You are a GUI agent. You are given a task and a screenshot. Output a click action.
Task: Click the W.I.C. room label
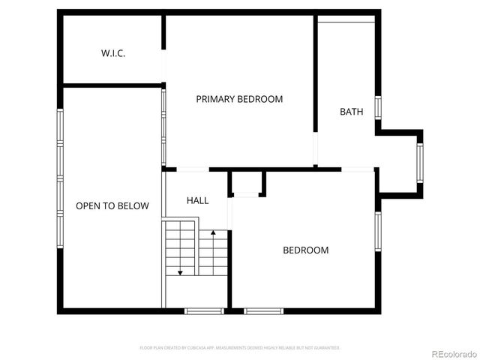pyautogui.click(x=113, y=53)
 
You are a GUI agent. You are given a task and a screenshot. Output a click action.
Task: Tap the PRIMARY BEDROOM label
pyautogui.click(x=239, y=99)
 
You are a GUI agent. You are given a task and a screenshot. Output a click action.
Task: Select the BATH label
pyautogui.click(x=351, y=112)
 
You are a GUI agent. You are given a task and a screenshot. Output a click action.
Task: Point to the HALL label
pyautogui.click(x=197, y=200)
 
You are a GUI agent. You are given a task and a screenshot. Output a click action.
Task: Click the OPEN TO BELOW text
pyautogui.click(x=112, y=205)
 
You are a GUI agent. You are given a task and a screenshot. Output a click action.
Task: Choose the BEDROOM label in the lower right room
pyautogui.click(x=305, y=250)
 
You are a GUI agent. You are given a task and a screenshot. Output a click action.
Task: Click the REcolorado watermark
pyautogui.click(x=451, y=354)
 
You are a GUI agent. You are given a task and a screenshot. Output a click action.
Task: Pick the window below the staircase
pyautogui.click(x=204, y=310)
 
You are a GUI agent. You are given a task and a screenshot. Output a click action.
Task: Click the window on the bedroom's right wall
pyautogui.click(x=379, y=232)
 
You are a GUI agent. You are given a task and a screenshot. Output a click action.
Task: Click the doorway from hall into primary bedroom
pyautogui.click(x=187, y=169)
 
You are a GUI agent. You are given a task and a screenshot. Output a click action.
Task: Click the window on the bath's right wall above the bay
pyautogui.click(x=379, y=106)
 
